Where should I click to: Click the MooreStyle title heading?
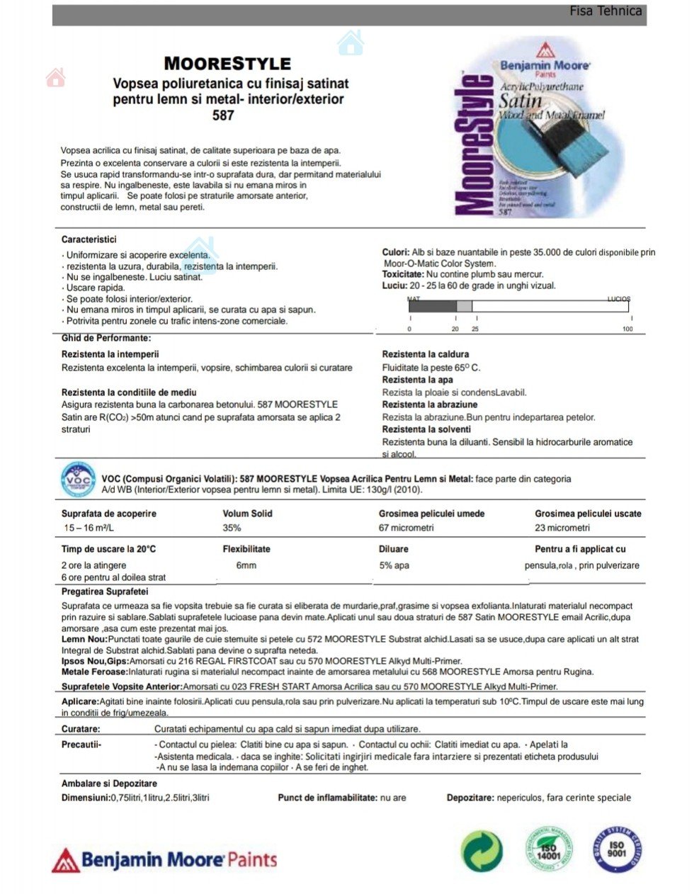(x=227, y=64)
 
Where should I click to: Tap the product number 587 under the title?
(x=223, y=115)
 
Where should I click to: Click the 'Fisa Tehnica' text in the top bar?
(x=605, y=11)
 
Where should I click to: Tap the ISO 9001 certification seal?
(x=616, y=849)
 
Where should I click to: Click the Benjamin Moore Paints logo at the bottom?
(x=164, y=860)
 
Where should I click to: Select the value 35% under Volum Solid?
(x=232, y=528)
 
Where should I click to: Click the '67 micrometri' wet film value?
(x=406, y=528)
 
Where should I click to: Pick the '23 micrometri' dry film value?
(x=562, y=528)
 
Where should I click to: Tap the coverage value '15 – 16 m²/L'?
(x=89, y=528)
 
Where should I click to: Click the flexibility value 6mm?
(x=246, y=565)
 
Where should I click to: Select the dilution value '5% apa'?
(x=394, y=565)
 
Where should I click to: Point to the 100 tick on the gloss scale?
(x=627, y=329)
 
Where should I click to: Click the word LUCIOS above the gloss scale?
(x=618, y=299)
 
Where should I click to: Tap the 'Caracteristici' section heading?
(x=89, y=239)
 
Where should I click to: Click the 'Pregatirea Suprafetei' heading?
(x=105, y=592)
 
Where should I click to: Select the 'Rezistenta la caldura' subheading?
(x=425, y=354)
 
